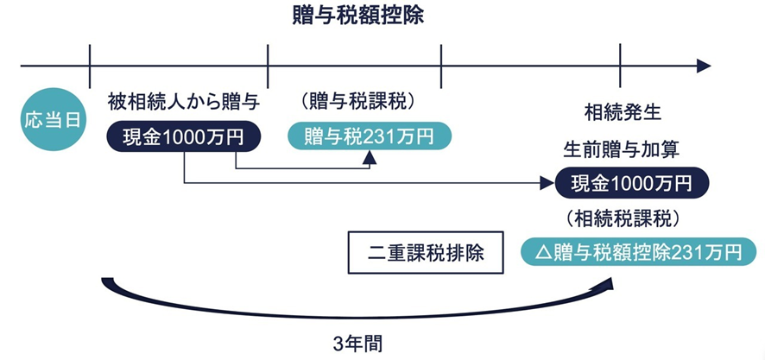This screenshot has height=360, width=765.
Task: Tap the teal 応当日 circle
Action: pyautogui.click(x=54, y=118)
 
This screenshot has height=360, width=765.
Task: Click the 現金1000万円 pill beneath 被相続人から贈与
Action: pyautogui.click(x=184, y=136)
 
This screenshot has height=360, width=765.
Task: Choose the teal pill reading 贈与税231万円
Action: pyautogui.click(x=369, y=136)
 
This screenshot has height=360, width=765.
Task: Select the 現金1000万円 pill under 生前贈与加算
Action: pyautogui.click(x=632, y=183)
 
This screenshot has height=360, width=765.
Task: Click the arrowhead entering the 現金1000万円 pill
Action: pyautogui.click(x=546, y=183)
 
